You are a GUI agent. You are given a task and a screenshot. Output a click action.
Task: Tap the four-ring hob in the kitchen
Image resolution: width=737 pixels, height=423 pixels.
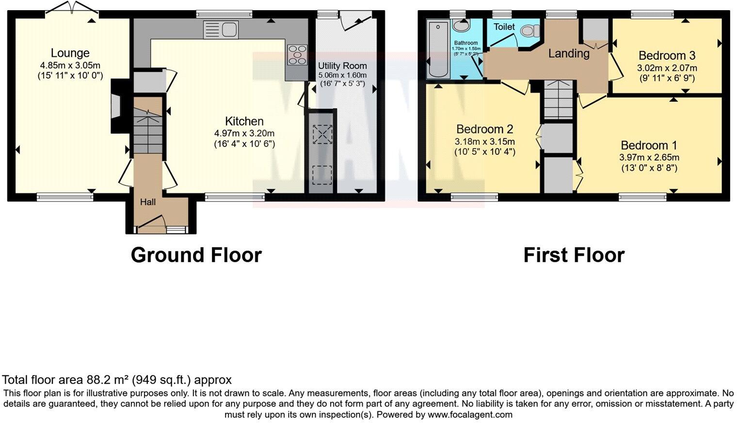click(x=297, y=54)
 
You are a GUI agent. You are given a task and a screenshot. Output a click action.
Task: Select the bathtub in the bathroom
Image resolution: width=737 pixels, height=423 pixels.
click(x=438, y=49)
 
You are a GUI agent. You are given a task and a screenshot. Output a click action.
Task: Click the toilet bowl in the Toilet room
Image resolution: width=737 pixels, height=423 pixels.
click(x=529, y=31)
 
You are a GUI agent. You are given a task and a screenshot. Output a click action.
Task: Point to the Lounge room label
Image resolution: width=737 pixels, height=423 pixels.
click(x=70, y=53)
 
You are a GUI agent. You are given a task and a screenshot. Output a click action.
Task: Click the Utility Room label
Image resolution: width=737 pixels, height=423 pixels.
click(x=342, y=65)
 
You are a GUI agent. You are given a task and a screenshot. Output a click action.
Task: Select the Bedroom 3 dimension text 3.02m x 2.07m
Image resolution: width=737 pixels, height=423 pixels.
click(x=667, y=68)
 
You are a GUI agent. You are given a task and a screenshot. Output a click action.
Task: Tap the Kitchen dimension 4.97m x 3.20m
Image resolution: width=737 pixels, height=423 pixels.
click(x=244, y=133)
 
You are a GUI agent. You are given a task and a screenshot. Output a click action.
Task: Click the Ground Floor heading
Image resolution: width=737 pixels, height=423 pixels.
click(x=196, y=255)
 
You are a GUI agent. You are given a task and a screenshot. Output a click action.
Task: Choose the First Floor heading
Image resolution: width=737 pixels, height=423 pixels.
click(x=574, y=255)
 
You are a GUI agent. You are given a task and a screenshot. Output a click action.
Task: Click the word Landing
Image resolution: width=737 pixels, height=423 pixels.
click(x=568, y=53)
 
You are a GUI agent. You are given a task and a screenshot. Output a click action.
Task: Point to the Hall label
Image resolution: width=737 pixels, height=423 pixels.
click(x=148, y=202)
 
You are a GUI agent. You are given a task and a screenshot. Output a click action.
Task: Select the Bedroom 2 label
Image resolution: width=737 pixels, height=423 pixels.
click(x=484, y=129)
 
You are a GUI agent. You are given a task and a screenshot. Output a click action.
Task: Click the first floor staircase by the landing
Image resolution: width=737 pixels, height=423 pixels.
click(x=558, y=99)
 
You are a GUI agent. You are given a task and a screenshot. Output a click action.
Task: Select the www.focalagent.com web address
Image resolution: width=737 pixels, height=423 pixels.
click(x=470, y=415)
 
